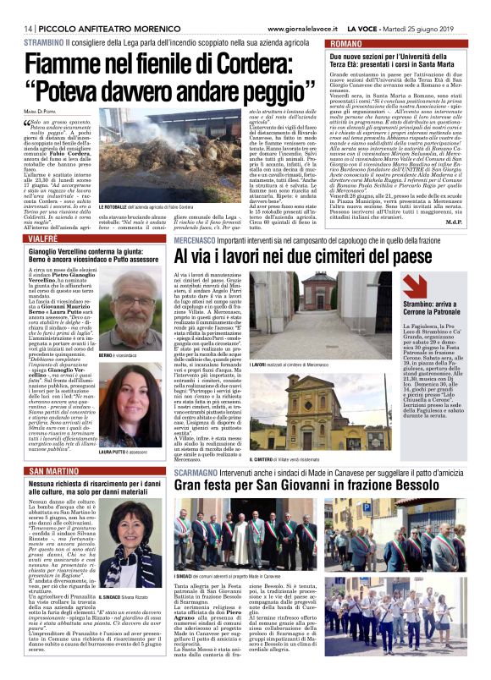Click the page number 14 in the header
pos(16,8)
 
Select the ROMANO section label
pos(348,41)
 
